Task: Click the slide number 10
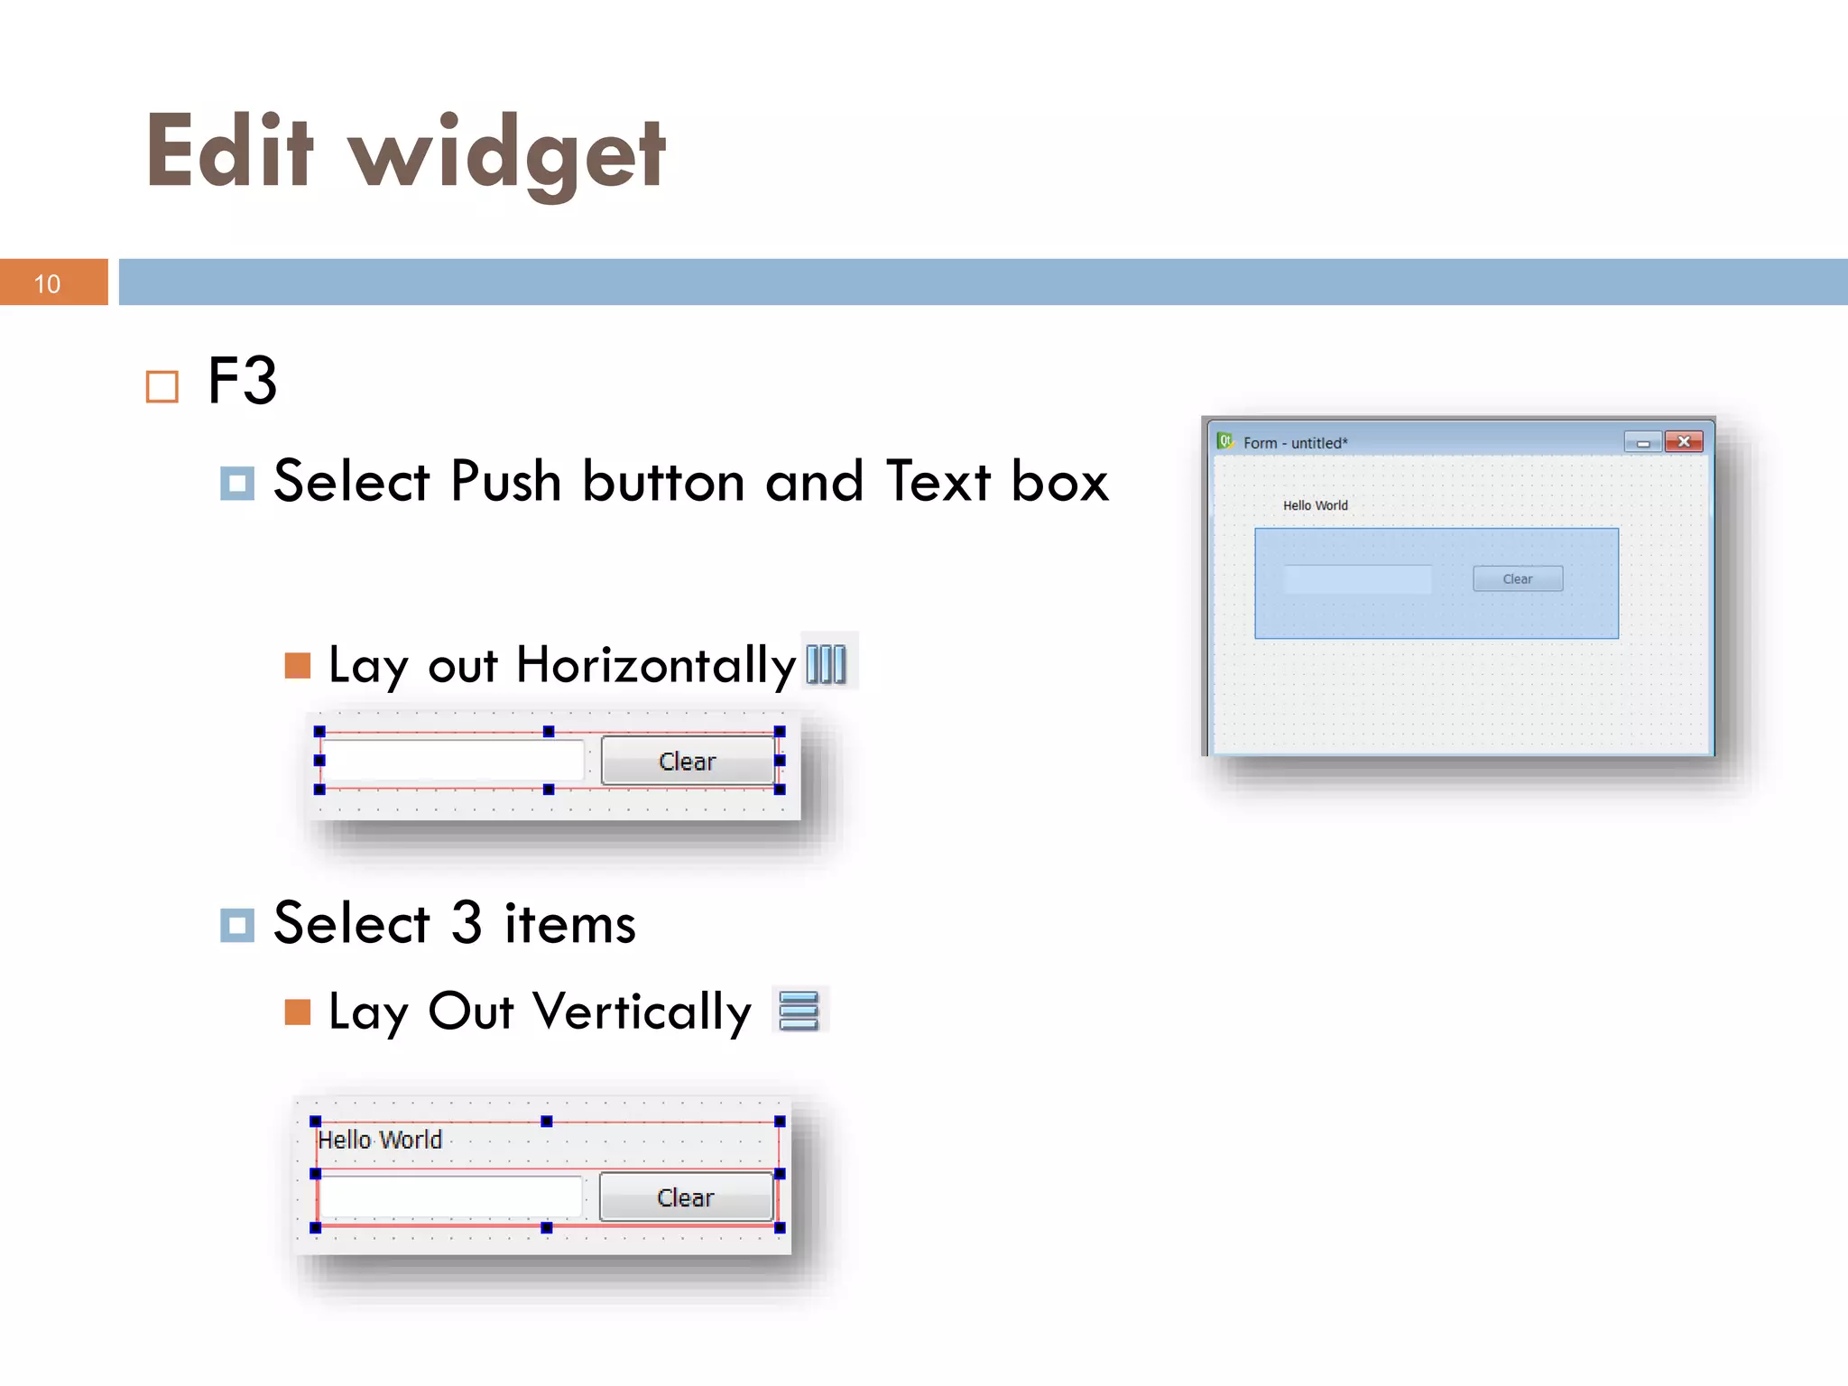[x=47, y=284]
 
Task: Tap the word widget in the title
[x=507, y=155]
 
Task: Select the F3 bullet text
[x=242, y=381]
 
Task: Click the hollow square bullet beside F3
[x=162, y=387]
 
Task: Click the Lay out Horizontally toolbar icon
[x=827, y=664]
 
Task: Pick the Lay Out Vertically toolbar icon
[x=799, y=1011]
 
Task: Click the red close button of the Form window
[x=1684, y=442]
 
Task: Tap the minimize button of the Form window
[x=1643, y=442]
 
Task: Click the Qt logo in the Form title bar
[x=1224, y=441]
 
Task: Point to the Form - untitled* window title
[x=1295, y=443]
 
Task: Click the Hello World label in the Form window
[x=1316, y=505]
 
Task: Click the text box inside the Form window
[x=1357, y=579]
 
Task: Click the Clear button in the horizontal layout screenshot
[x=688, y=762]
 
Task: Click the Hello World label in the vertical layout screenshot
[x=380, y=1140]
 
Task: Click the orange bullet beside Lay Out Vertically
[x=298, y=1012]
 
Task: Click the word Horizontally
[x=656, y=666]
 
